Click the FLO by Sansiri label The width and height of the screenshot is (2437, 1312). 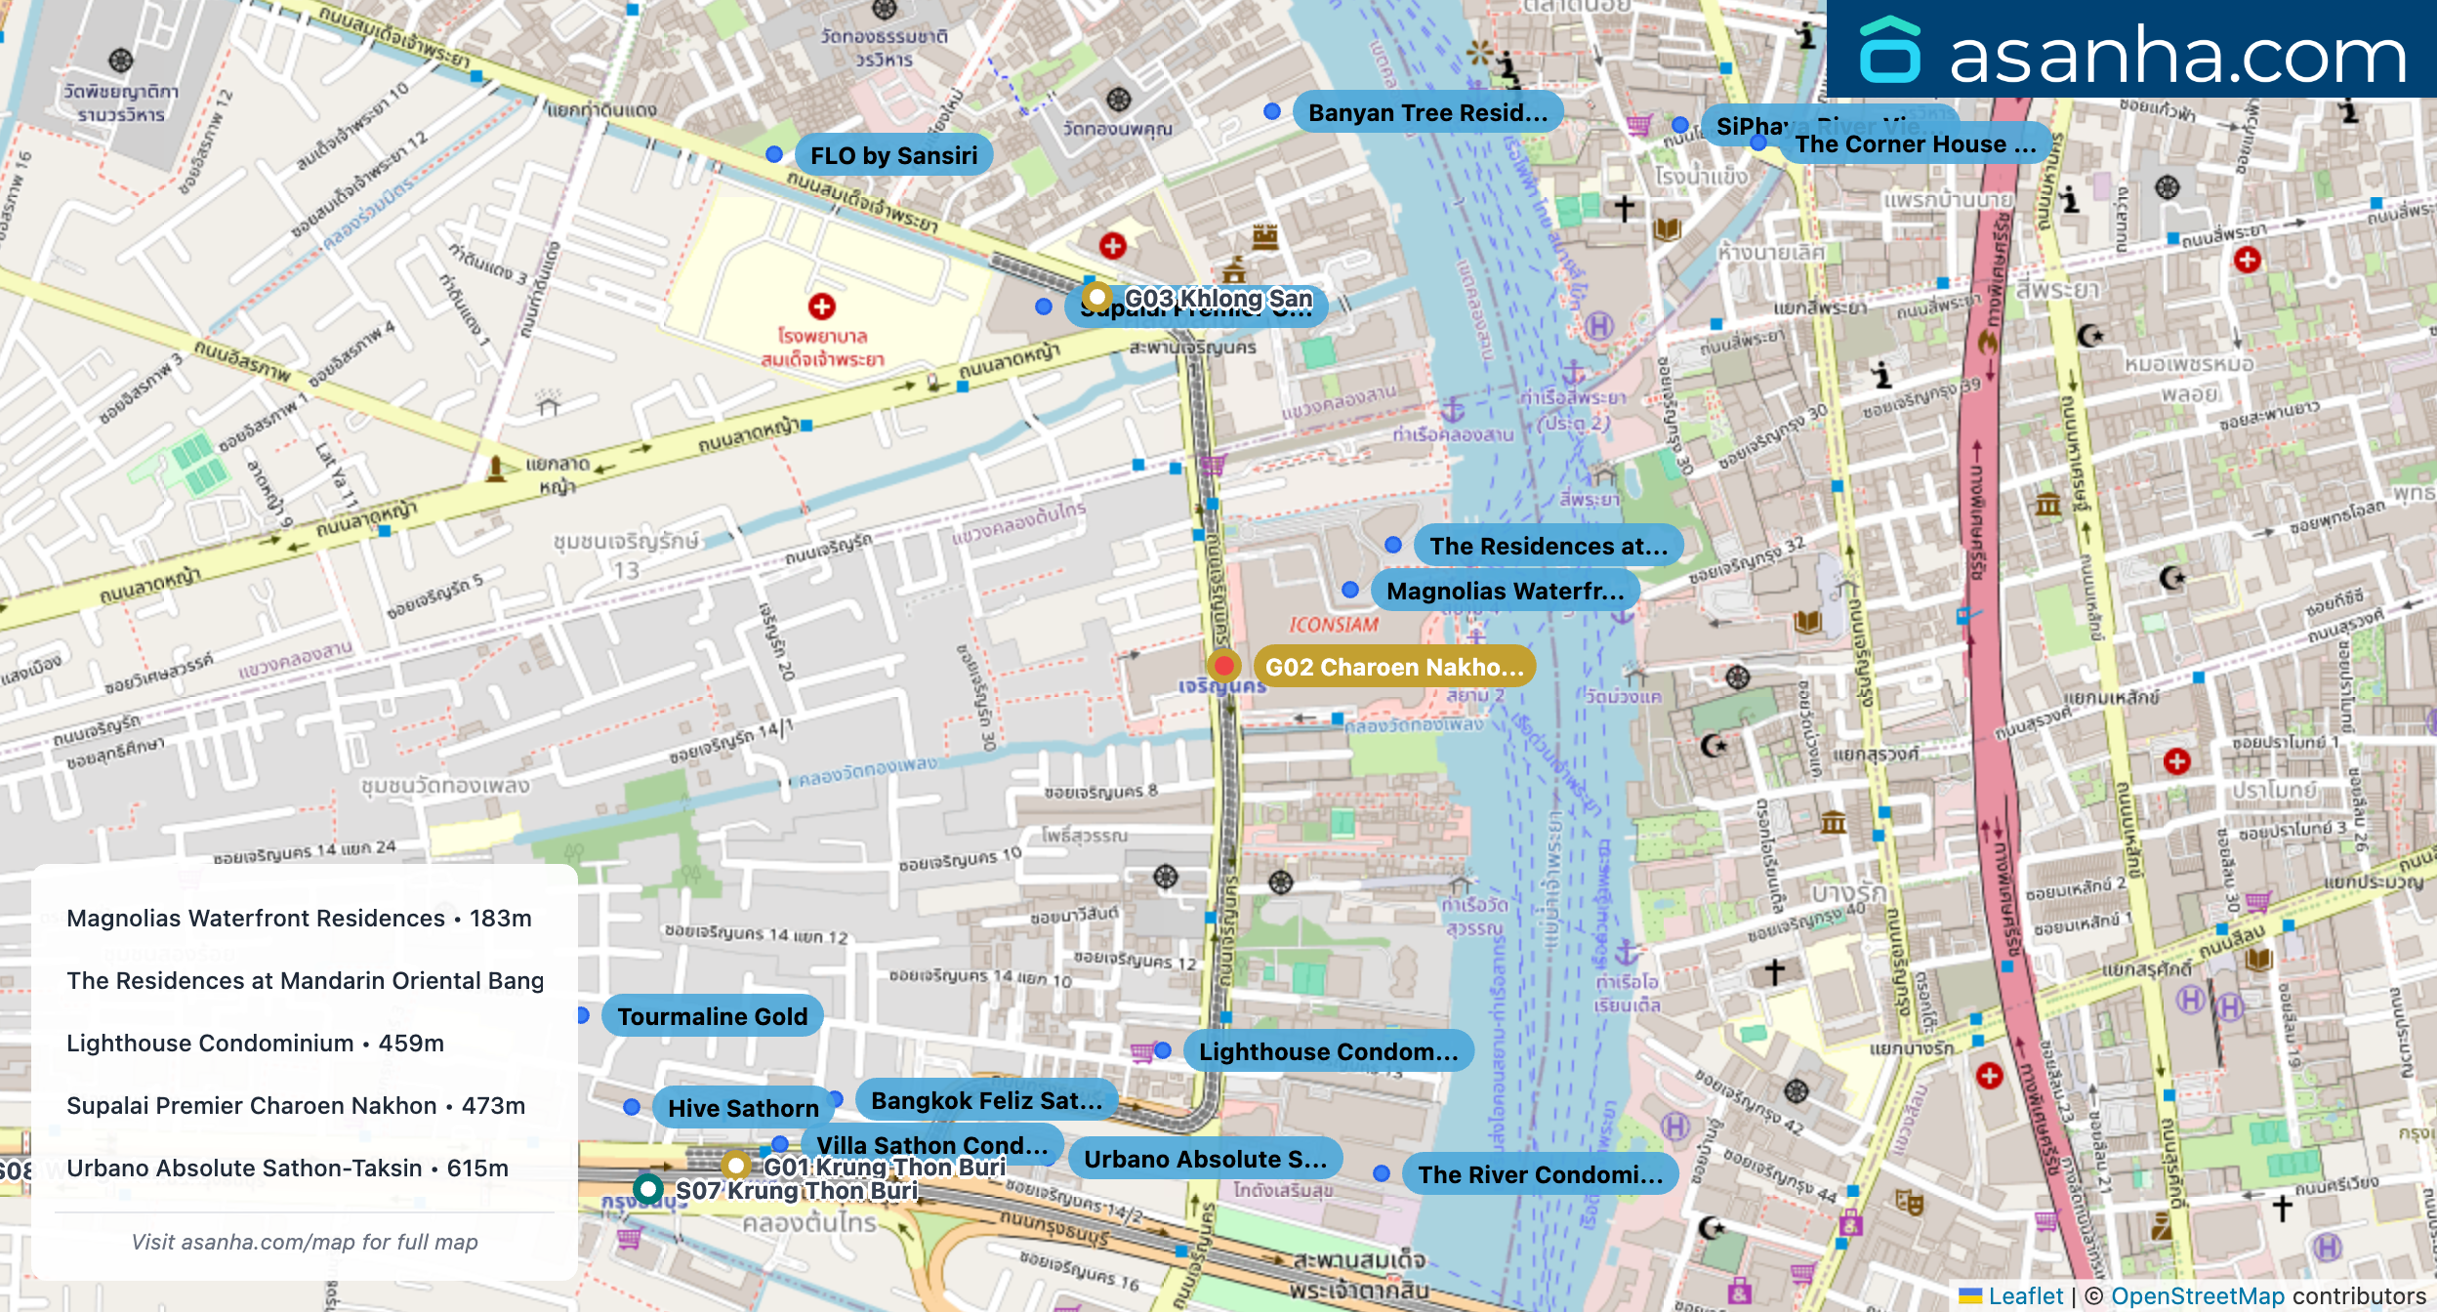pyautogui.click(x=892, y=155)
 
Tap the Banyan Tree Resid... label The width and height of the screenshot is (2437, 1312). pyautogui.click(x=1426, y=112)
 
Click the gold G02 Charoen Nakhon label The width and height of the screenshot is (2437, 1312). pyautogui.click(x=1393, y=667)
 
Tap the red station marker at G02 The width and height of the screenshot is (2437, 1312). pyautogui.click(x=1223, y=666)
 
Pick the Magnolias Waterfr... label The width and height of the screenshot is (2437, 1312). pyautogui.click(x=1504, y=591)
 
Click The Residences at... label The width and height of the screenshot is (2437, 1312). pyautogui.click(x=1548, y=546)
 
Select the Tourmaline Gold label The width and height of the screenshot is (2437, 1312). pyautogui.click(x=712, y=1016)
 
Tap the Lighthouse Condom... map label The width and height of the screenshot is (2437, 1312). pyautogui.click(x=1327, y=1051)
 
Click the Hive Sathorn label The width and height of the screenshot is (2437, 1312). pyautogui.click(x=742, y=1108)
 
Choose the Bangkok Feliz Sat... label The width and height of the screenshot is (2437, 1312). pyautogui.click(x=985, y=1100)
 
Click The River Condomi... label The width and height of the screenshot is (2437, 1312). pyautogui.click(x=1539, y=1174)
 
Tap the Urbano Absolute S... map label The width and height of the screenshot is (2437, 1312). pyautogui.click(x=1204, y=1159)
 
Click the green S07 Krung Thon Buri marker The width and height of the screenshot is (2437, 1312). pyautogui.click(x=647, y=1189)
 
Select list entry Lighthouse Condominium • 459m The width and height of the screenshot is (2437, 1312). pyautogui.click(x=255, y=1043)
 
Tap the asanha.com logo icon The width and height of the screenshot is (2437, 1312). pyautogui.click(x=1889, y=51)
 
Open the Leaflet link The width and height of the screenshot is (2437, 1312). pyautogui.click(x=2025, y=1295)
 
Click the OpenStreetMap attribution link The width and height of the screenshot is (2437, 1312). pyautogui.click(x=2197, y=1295)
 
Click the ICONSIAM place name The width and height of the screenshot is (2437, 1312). pyautogui.click(x=1333, y=625)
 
